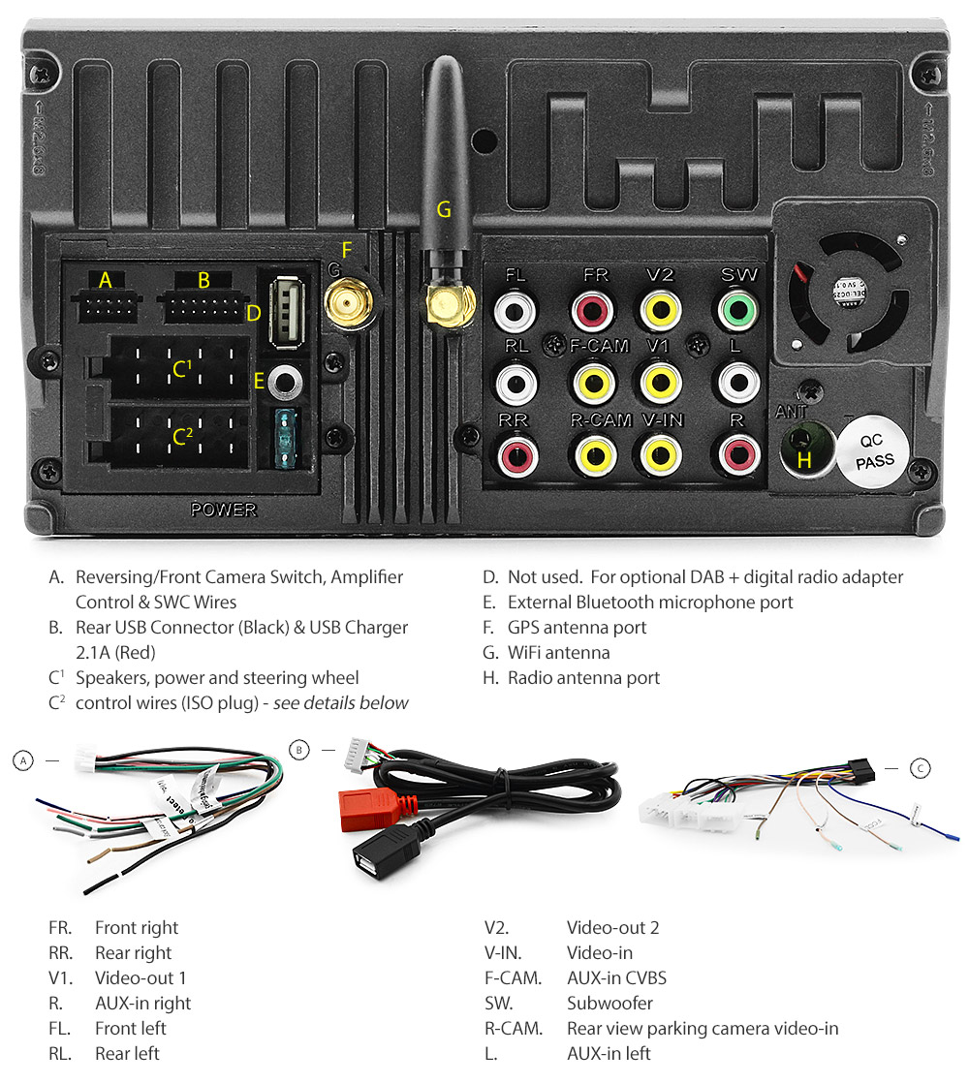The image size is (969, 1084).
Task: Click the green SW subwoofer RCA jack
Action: point(739,312)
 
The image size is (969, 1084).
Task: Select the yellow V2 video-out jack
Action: point(659,312)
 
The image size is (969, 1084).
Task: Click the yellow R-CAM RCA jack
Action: point(593,453)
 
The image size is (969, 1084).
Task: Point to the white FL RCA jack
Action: point(515,312)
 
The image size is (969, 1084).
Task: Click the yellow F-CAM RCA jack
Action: point(593,382)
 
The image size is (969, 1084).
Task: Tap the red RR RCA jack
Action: point(515,453)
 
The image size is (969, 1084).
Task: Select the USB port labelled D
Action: point(286,310)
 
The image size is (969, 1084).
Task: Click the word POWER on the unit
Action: point(223,510)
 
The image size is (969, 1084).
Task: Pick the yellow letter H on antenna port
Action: point(803,461)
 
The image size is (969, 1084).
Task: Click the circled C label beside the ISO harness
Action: point(921,768)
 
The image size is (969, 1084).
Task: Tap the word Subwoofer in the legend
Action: point(610,1003)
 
